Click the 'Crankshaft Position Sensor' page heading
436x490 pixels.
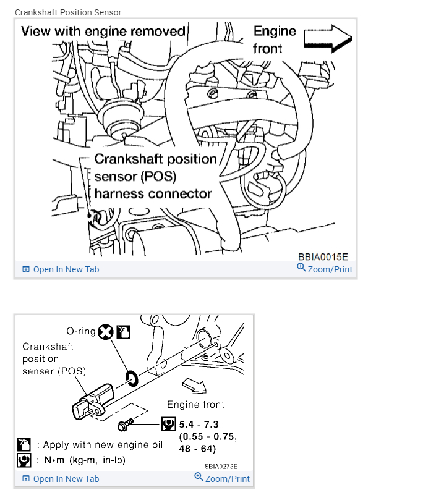tap(68, 12)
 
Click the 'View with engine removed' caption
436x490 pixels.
tap(103, 31)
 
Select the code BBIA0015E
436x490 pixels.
tap(323, 256)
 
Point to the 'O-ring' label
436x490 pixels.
tap(81, 331)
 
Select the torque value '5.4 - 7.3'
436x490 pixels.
tap(199, 425)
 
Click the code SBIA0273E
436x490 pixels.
tap(221, 467)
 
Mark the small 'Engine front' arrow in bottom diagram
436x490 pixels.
tap(197, 386)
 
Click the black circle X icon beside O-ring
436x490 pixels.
tap(106, 332)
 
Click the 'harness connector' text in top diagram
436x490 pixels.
tap(153, 193)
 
